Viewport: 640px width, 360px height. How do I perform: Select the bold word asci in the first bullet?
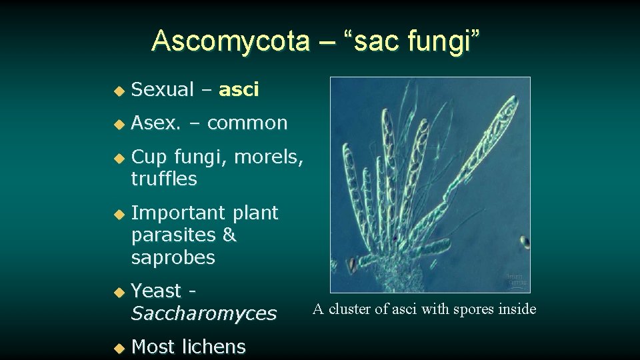pyautogui.click(x=239, y=89)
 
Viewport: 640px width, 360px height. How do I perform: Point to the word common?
pyautogui.click(x=247, y=123)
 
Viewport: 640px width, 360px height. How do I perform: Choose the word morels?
pyautogui.click(x=269, y=157)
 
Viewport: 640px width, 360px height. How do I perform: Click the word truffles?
pyautogui.click(x=164, y=179)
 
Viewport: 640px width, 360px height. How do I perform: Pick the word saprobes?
pyautogui.click(x=173, y=257)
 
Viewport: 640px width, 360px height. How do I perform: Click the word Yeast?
pyautogui.click(x=157, y=291)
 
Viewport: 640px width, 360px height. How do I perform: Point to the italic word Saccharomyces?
pyautogui.click(x=203, y=313)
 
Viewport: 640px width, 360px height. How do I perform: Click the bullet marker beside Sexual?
pyautogui.click(x=118, y=90)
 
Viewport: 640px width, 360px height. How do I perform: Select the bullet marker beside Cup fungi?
pyautogui.click(x=118, y=158)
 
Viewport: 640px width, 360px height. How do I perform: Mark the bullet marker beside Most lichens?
pyautogui.click(x=118, y=347)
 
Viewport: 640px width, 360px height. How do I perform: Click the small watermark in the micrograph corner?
pyautogui.click(x=515, y=279)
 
